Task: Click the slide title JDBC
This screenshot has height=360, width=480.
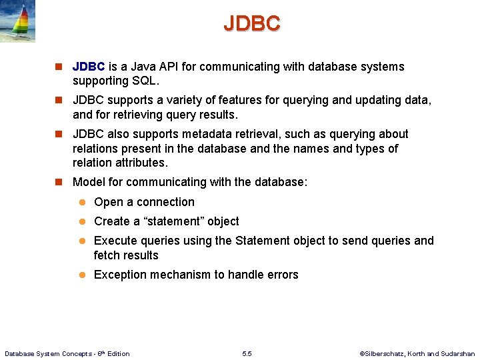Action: [252, 23]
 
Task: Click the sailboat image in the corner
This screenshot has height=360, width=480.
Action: [17, 21]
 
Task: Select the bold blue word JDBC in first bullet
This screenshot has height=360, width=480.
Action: [89, 67]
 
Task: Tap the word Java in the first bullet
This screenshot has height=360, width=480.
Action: [141, 67]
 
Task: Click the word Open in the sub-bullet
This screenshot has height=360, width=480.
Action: [108, 202]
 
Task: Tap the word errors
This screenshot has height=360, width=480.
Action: [283, 275]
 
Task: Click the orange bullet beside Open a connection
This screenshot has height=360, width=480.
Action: [83, 203]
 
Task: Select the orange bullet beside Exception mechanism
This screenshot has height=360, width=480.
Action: [83, 275]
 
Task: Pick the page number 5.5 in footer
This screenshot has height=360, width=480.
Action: [247, 353]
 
